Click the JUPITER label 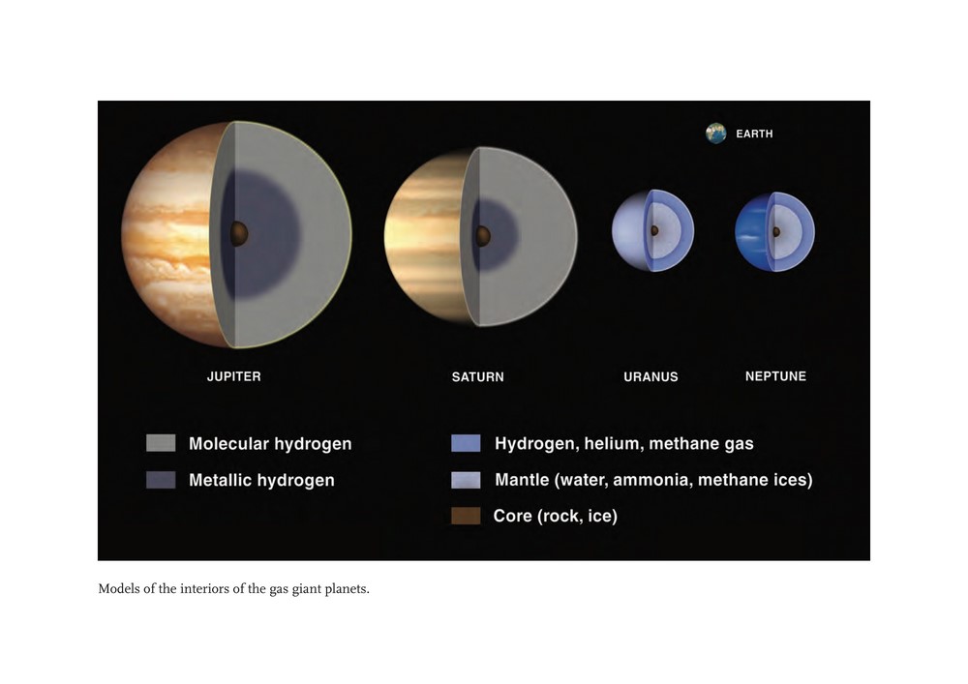pyautogui.click(x=234, y=376)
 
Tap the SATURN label pyautogui.click(x=478, y=377)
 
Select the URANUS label pyautogui.click(x=650, y=377)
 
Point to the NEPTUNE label pyautogui.click(x=775, y=376)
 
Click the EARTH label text pyautogui.click(x=754, y=134)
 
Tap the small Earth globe pyautogui.click(x=716, y=134)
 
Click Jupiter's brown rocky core pyautogui.click(x=239, y=234)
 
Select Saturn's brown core pyautogui.click(x=483, y=236)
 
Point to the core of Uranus pyautogui.click(x=654, y=230)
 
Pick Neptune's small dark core pyautogui.click(x=776, y=232)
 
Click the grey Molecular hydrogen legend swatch pyautogui.click(x=161, y=443)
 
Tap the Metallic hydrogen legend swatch pyautogui.click(x=161, y=480)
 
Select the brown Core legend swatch pyautogui.click(x=466, y=516)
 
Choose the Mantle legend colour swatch pyautogui.click(x=466, y=480)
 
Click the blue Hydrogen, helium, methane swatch pyautogui.click(x=466, y=443)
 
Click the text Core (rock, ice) pyautogui.click(x=555, y=517)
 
